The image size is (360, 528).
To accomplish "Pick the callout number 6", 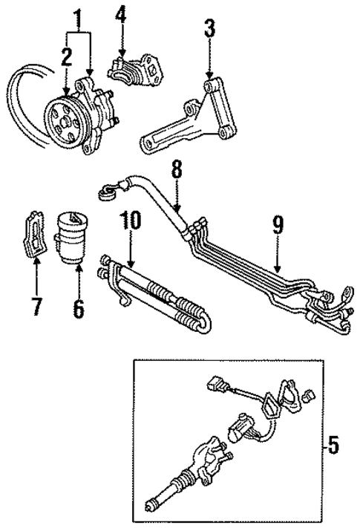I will [x=78, y=306].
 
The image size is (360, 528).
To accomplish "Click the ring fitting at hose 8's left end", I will [x=108, y=194].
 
